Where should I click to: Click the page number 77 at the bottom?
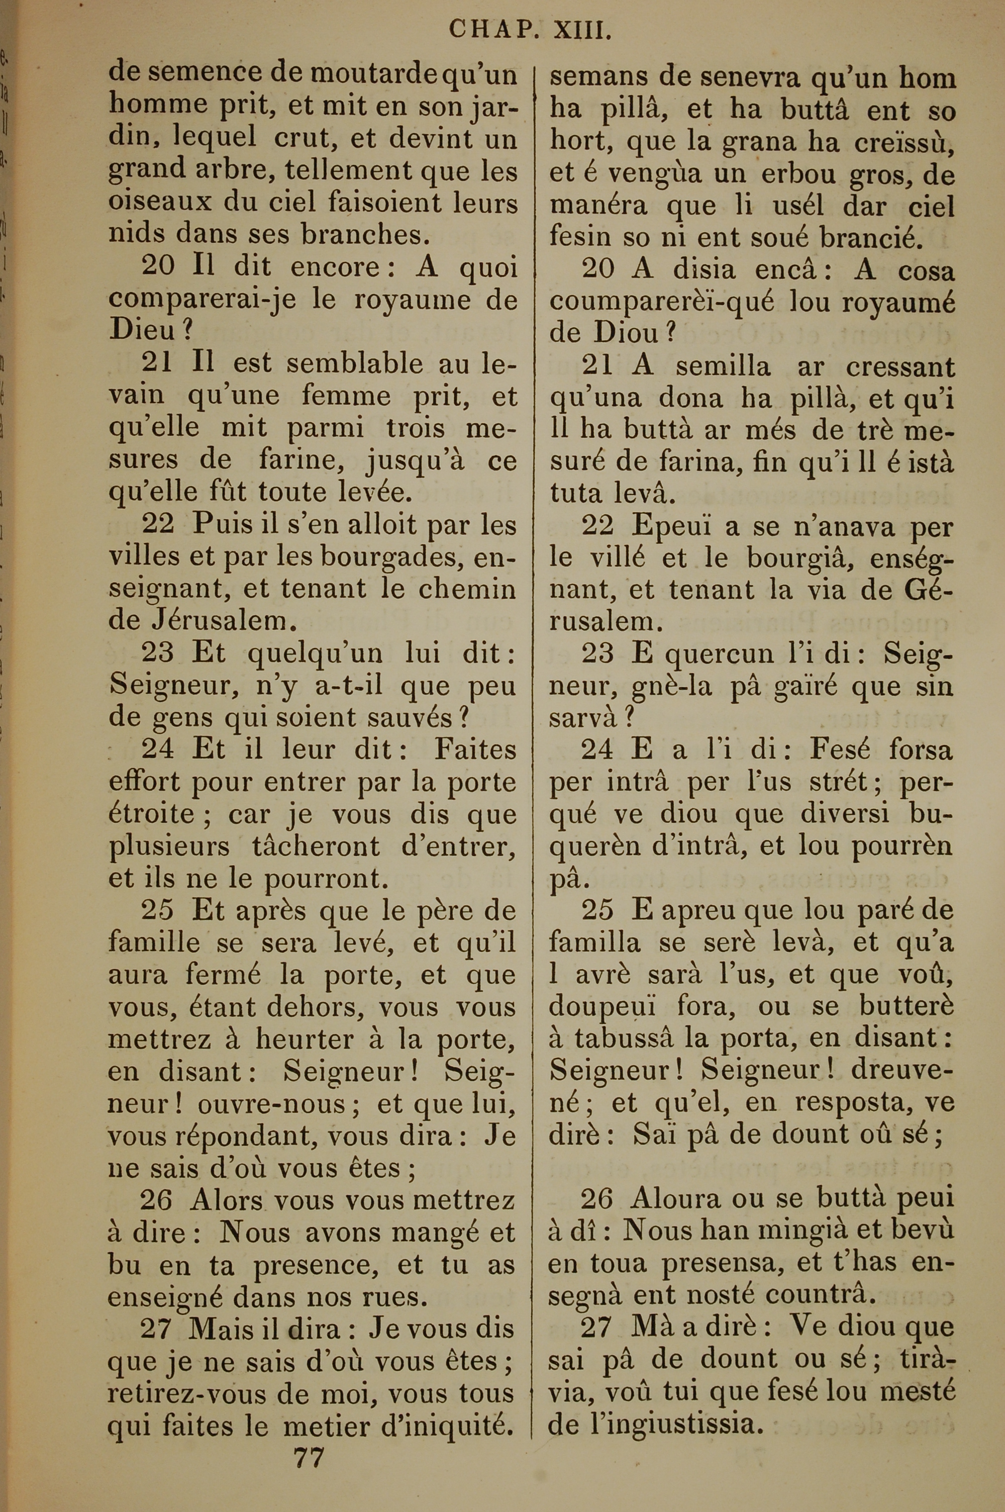click(x=309, y=1440)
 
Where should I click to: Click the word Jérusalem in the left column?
click(x=212, y=620)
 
